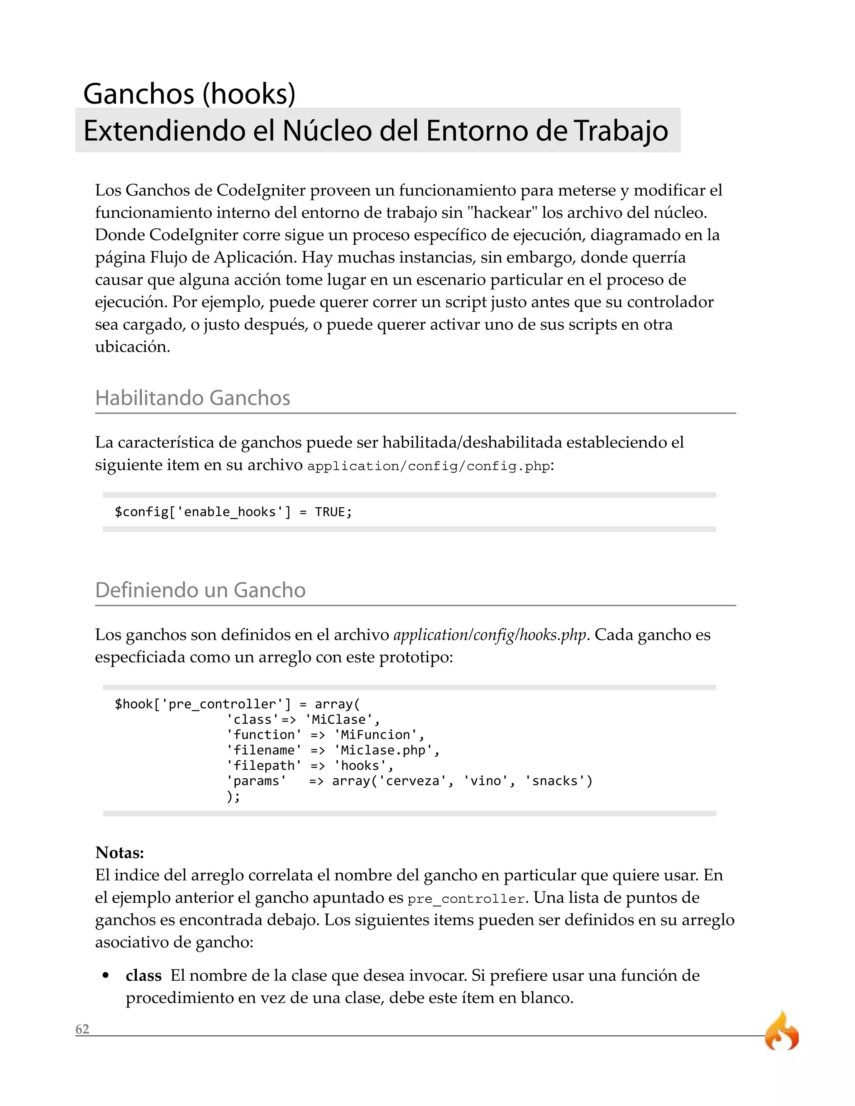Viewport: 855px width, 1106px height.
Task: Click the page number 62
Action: [x=82, y=1029]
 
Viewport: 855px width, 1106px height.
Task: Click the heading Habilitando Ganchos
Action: [x=192, y=398]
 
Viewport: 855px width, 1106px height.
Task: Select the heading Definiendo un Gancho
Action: [x=200, y=591]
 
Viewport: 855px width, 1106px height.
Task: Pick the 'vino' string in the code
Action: [x=485, y=781]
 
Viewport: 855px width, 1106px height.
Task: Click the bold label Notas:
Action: [x=119, y=853]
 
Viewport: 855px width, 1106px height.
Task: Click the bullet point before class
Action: [x=106, y=976]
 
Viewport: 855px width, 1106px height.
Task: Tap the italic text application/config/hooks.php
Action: [x=490, y=635]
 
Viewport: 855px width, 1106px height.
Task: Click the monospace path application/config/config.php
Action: [x=428, y=466]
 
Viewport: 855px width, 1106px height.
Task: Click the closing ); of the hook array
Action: [x=233, y=796]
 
